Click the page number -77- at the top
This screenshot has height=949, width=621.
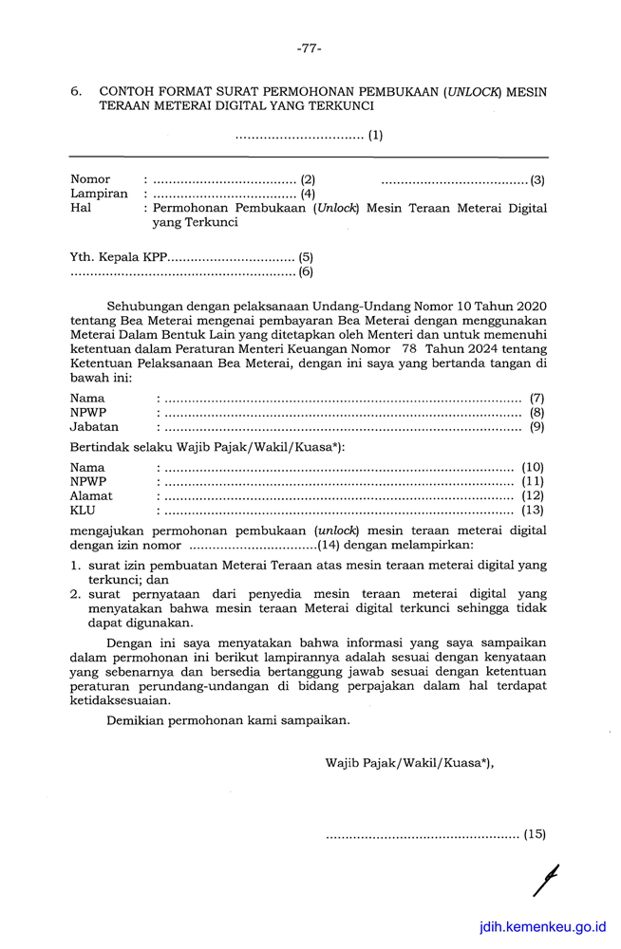click(x=309, y=47)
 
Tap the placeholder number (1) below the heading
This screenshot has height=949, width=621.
click(x=376, y=135)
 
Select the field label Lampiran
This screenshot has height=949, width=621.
click(x=99, y=194)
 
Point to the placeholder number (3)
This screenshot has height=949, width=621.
click(x=536, y=179)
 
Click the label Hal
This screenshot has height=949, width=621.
click(x=81, y=208)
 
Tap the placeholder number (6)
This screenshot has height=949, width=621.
click(x=306, y=272)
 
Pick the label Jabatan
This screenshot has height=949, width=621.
click(x=94, y=428)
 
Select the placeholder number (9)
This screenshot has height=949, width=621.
click(x=536, y=428)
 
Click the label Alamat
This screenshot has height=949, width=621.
click(x=91, y=495)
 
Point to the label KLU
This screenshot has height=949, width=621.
click(x=84, y=511)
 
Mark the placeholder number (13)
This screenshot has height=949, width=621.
click(x=533, y=511)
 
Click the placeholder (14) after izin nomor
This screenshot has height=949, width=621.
click(x=329, y=546)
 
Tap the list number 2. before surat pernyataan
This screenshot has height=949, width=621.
click(x=76, y=594)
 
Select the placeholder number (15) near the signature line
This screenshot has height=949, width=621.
click(x=535, y=835)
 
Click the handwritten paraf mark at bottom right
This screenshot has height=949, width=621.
click(x=545, y=881)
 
